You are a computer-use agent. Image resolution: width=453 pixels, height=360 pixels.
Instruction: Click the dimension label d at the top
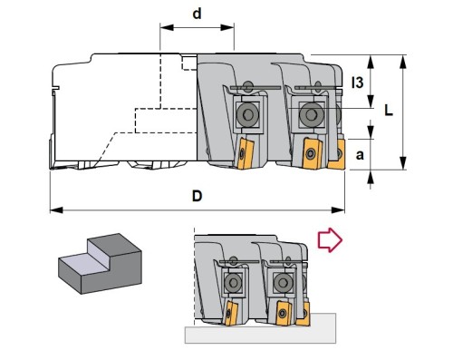click(x=197, y=14)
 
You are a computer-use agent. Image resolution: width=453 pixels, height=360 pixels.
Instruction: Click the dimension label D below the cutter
click(x=197, y=196)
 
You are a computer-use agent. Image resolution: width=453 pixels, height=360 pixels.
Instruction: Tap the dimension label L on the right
click(x=389, y=111)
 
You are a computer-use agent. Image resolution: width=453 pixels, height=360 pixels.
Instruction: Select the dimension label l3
click(x=358, y=83)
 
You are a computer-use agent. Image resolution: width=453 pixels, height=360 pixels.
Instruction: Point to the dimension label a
click(x=360, y=155)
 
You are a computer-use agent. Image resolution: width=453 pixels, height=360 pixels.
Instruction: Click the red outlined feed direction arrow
click(x=330, y=240)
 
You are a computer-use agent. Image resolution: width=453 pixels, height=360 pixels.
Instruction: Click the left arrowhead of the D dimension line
click(x=56, y=209)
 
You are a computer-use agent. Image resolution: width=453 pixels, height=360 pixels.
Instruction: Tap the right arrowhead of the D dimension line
click(x=338, y=209)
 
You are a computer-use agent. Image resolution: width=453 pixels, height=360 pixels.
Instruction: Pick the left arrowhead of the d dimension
click(x=167, y=28)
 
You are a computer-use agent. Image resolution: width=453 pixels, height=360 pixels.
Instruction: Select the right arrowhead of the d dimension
click(x=227, y=28)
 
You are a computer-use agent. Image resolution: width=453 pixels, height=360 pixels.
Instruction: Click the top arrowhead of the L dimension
click(x=402, y=62)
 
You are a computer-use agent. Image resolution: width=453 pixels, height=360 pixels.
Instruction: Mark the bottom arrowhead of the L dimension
click(x=402, y=163)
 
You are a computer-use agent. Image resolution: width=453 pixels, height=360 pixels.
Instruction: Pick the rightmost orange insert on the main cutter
click(x=337, y=154)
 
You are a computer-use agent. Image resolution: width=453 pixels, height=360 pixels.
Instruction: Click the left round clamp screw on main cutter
click(x=248, y=114)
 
